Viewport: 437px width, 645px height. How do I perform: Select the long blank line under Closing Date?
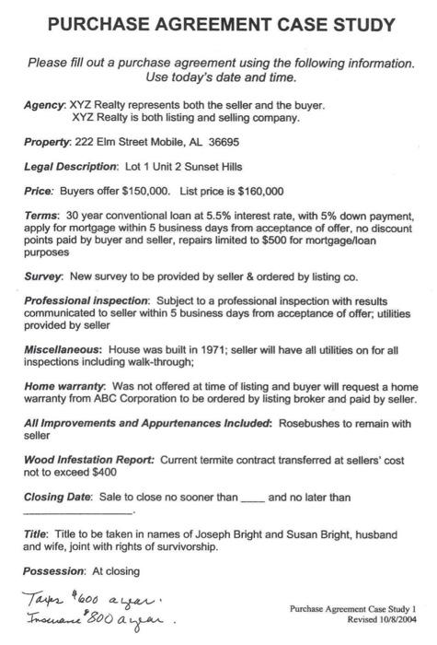pos(77,512)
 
